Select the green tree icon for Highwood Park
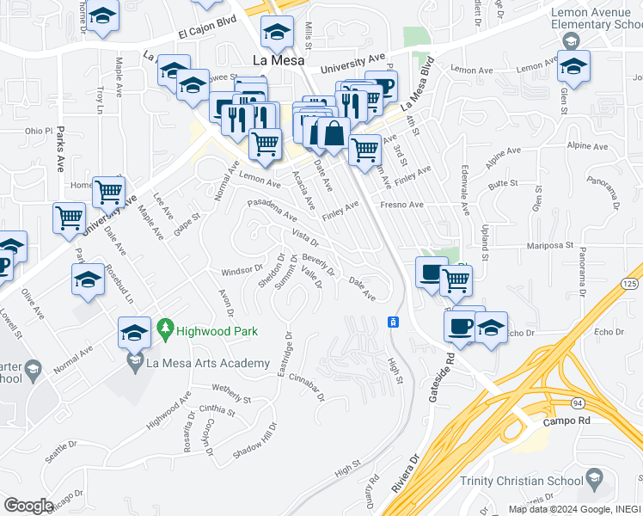coord(166,329)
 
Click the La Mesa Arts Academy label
coord(208,364)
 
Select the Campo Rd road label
coord(566,422)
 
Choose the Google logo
coord(29,505)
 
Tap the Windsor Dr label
coord(242,270)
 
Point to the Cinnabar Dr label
coord(307,388)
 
